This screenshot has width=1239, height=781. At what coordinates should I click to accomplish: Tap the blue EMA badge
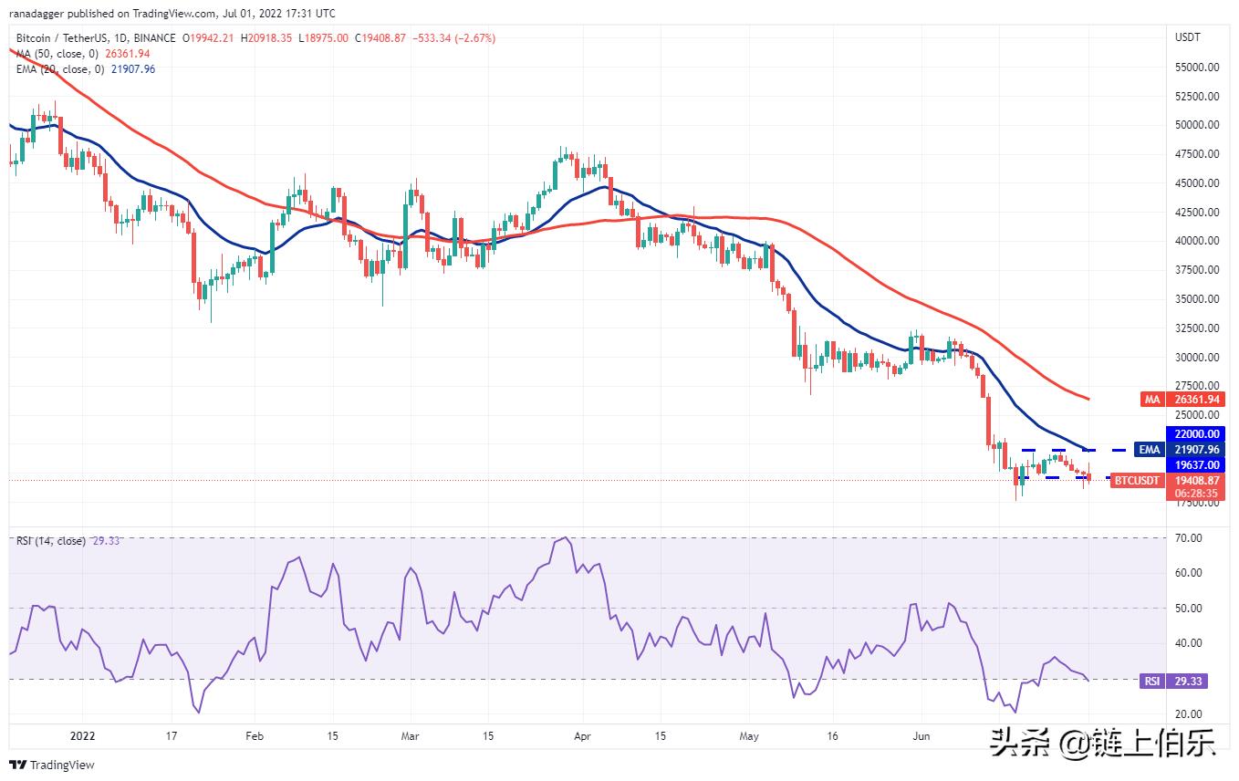pos(1148,449)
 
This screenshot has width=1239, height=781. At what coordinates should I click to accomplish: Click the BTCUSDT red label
pos(1137,481)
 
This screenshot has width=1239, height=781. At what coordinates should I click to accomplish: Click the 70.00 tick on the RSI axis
pos(1189,538)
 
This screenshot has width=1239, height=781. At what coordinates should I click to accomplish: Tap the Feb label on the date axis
pos(255,735)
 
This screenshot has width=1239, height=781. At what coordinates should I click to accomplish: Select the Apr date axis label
pos(581,735)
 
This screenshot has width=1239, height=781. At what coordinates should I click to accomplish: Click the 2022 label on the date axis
pos(82,735)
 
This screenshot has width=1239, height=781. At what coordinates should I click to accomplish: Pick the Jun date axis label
pos(921,735)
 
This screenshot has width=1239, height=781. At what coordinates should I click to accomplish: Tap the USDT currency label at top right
pos(1189,37)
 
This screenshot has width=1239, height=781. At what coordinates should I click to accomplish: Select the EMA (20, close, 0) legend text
pos(59,68)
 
